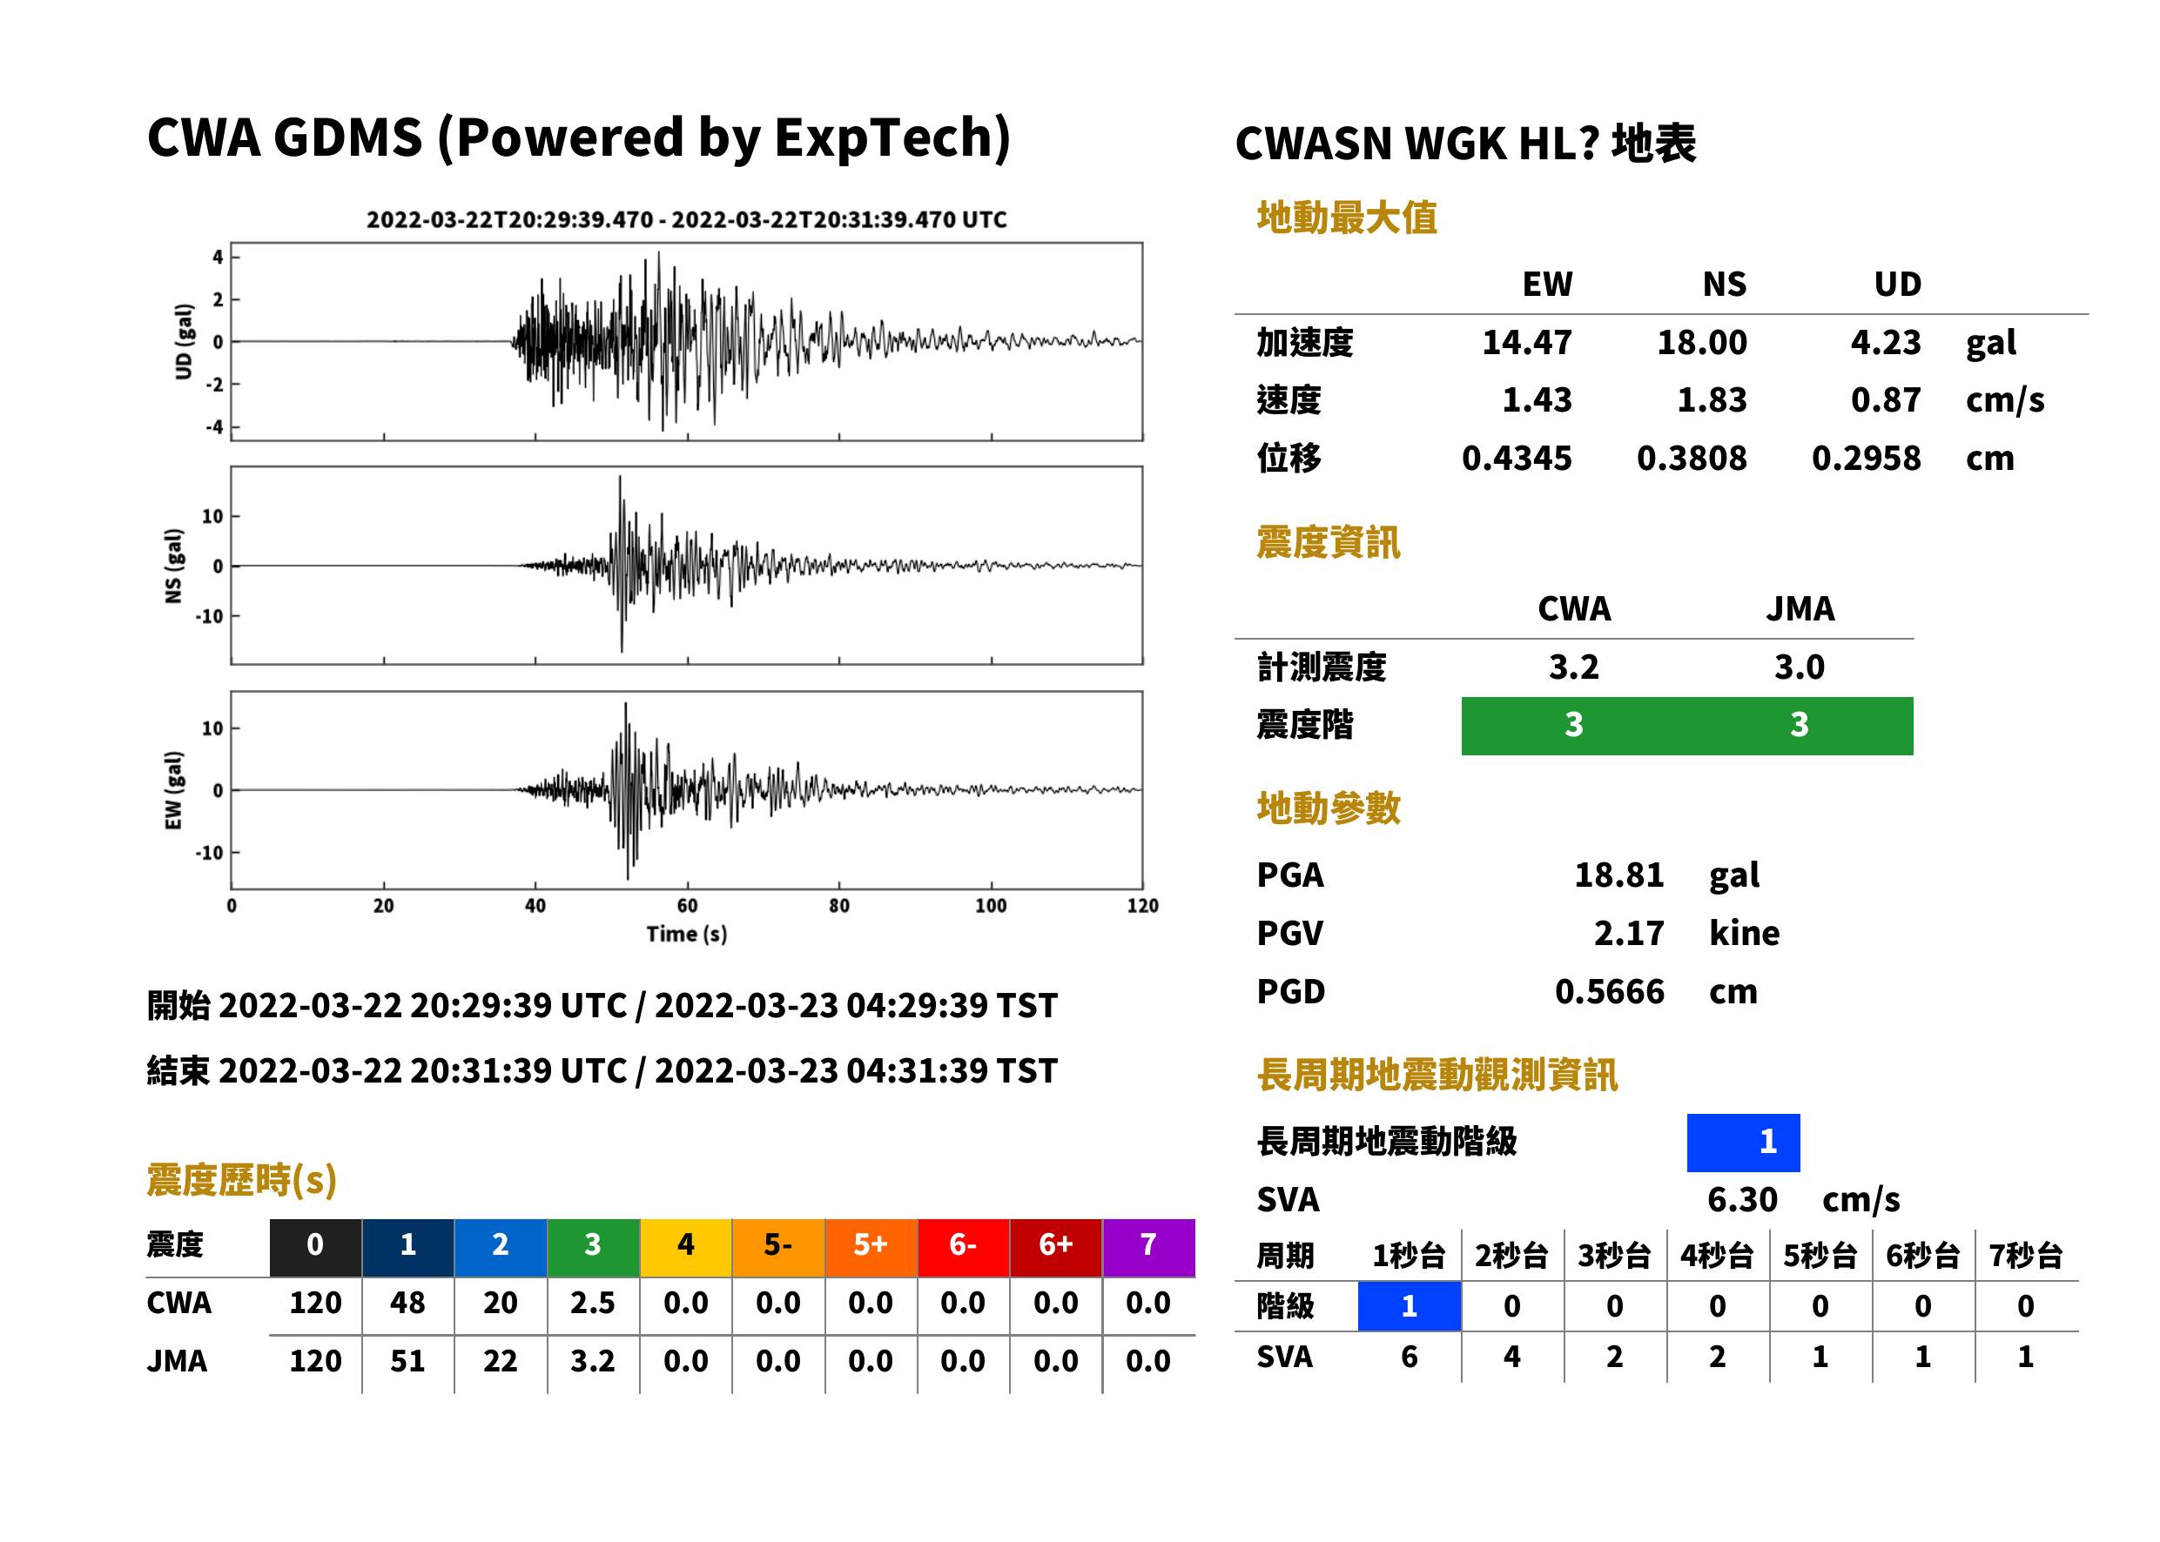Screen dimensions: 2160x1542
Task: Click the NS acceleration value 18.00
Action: coord(1701,343)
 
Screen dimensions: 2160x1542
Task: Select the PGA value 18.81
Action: coord(1618,875)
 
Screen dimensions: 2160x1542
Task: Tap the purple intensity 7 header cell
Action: coord(1148,1244)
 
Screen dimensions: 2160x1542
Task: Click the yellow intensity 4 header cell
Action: coord(686,1244)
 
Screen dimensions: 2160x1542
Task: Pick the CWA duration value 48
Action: coord(407,1303)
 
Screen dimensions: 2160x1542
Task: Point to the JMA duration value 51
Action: coord(407,1361)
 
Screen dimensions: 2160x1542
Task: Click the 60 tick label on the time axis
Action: coord(687,906)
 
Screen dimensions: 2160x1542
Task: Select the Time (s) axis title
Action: coord(687,935)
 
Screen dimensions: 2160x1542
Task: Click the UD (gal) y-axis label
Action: coord(184,342)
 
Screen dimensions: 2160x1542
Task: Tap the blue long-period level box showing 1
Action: coord(1743,1143)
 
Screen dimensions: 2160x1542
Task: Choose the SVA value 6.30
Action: coord(1742,1200)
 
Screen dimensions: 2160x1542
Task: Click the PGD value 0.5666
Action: coord(1609,992)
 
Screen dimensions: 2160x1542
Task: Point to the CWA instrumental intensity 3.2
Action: coord(1574,667)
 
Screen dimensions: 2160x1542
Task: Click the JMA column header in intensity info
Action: coord(1800,608)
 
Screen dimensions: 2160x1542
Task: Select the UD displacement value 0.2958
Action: coord(1867,459)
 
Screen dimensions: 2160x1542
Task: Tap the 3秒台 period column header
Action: coord(1615,1257)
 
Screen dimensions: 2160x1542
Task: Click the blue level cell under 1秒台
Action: coord(1410,1306)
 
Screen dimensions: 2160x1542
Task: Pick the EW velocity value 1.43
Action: coord(1537,400)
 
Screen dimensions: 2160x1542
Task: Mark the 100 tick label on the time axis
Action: coord(991,906)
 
